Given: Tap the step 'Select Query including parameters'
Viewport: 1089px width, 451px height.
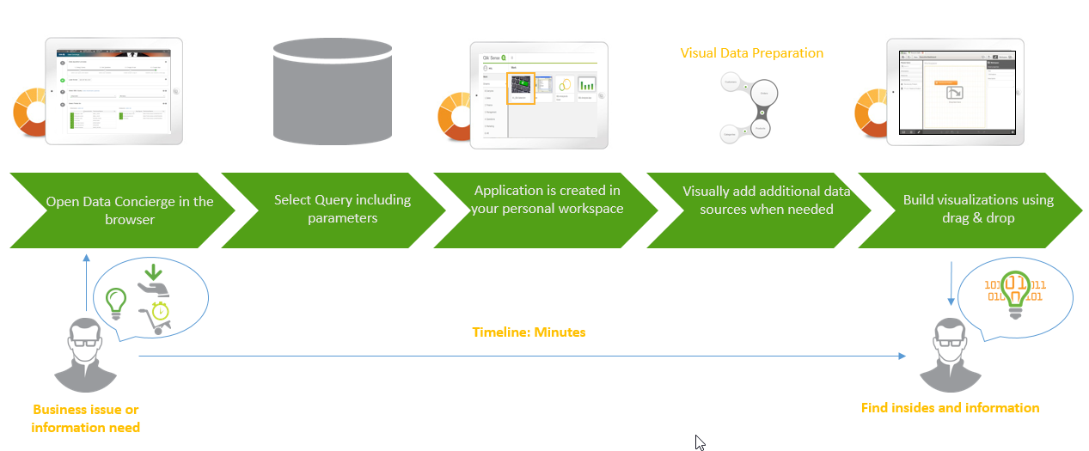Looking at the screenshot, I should pyautogui.click(x=342, y=210).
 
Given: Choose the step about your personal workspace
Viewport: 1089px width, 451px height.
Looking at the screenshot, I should pyautogui.click(x=547, y=199).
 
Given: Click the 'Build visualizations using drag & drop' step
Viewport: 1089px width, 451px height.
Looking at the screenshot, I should pyautogui.click(x=977, y=209).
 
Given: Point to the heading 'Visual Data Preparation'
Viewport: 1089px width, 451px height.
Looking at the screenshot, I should pyautogui.click(x=751, y=53).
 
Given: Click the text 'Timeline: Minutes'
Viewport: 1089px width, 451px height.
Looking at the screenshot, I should pyautogui.click(x=529, y=332).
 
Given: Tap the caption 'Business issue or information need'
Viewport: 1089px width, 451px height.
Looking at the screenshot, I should pyautogui.click(x=85, y=418).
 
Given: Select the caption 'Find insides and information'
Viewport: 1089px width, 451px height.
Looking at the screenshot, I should pyautogui.click(x=950, y=408).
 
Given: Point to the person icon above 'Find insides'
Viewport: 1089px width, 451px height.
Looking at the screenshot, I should pyautogui.click(x=950, y=354).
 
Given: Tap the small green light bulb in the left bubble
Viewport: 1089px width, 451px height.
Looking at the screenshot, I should pyautogui.click(x=116, y=301).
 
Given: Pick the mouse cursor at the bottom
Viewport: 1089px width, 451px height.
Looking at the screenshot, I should pyautogui.click(x=700, y=442).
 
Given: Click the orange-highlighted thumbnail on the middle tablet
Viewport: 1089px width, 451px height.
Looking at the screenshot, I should pyautogui.click(x=522, y=87).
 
